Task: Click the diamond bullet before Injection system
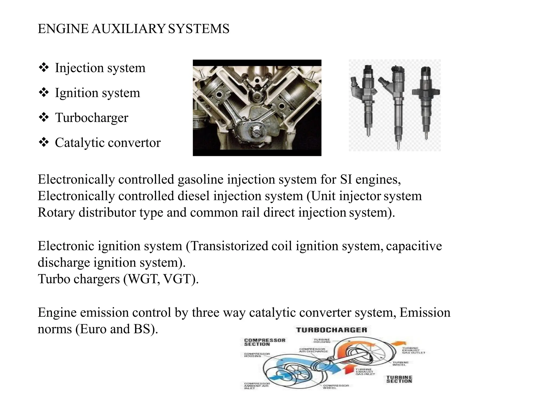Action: tap(44, 67)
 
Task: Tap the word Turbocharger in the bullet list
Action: tap(91, 118)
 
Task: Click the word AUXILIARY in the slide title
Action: tap(128, 29)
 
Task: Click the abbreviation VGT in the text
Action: tap(179, 279)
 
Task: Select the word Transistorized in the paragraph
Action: tap(229, 246)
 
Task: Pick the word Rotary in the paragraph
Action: tap(56, 212)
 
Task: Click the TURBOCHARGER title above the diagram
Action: tap(331, 330)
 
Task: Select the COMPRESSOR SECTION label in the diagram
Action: tap(264, 342)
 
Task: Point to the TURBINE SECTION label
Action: tap(399, 379)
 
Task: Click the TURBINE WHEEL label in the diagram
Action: tap(401, 363)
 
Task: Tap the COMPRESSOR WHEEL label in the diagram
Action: tap(336, 387)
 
